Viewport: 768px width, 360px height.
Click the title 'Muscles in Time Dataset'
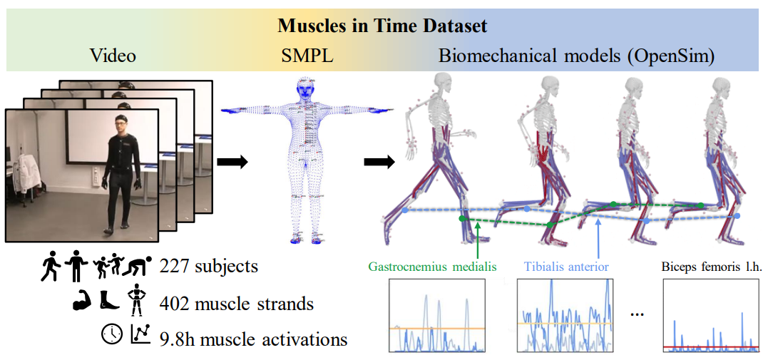(382, 26)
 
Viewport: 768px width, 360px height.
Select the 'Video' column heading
(113, 55)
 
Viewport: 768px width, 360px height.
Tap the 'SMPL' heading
(308, 55)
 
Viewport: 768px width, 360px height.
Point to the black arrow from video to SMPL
(232, 163)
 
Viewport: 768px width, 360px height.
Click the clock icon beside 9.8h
(112, 334)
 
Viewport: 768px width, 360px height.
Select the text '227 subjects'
(209, 267)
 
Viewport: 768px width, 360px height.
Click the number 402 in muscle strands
(175, 303)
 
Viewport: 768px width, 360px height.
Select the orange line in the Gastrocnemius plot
(437, 328)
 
